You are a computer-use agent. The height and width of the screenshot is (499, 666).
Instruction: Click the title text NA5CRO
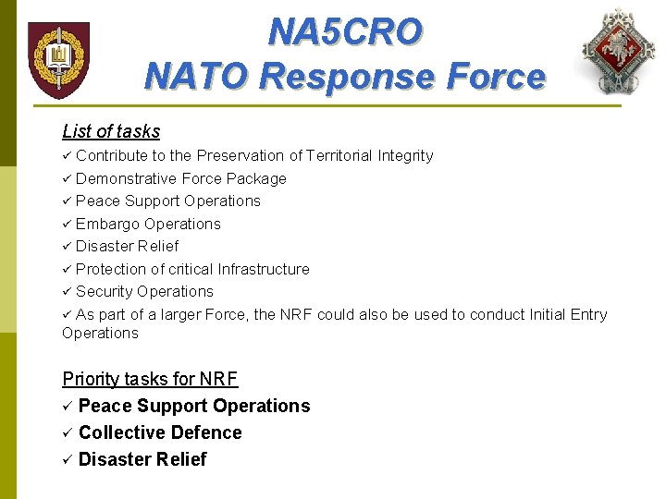(345, 32)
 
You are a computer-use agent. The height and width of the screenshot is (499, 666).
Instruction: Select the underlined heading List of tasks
(111, 132)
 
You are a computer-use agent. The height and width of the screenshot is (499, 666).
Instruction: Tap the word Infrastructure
(264, 269)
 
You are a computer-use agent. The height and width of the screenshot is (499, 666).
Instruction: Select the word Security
(105, 292)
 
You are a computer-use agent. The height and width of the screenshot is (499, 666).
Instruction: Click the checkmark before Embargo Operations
(67, 224)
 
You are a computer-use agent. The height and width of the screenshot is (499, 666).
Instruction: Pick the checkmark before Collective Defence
(67, 433)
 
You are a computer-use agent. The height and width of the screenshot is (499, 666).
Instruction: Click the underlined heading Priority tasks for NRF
(150, 379)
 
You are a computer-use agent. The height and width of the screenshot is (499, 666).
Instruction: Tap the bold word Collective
(119, 432)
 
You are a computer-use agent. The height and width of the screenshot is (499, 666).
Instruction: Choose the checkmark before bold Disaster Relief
(67, 460)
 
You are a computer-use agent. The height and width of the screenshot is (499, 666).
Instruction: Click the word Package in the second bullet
(256, 178)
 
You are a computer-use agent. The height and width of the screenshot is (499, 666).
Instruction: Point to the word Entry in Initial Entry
(589, 314)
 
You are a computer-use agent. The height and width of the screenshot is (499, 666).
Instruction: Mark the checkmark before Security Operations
(67, 292)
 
